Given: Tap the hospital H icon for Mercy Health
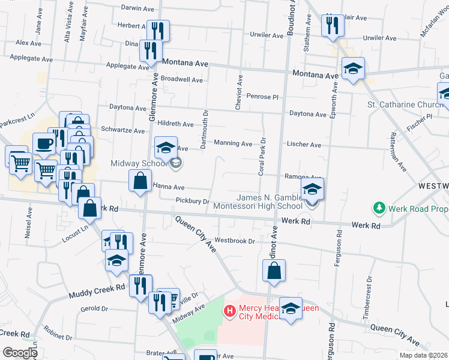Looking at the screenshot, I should pyautogui.click(x=229, y=311).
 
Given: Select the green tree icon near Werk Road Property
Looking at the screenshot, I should pyautogui.click(x=379, y=208).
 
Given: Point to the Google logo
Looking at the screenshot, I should pyautogui.click(x=20, y=353).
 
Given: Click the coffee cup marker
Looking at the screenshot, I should pyautogui.click(x=43, y=143).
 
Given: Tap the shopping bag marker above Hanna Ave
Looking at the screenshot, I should pyautogui.click(x=140, y=181).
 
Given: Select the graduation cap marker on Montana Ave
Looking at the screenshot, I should pyautogui.click(x=354, y=69).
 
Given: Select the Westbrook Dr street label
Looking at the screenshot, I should pyautogui.click(x=235, y=241).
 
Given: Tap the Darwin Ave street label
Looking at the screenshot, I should pyautogui.click(x=137, y=8).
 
